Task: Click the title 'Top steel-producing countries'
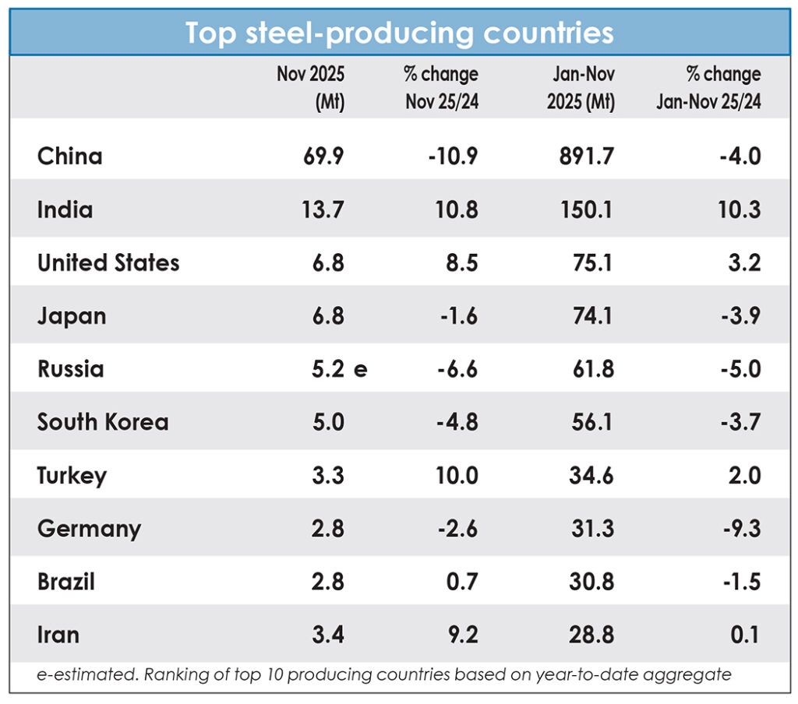coord(399,33)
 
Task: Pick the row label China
coord(70,157)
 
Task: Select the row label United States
coord(108,262)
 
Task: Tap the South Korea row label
coord(103,422)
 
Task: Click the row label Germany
coord(90,529)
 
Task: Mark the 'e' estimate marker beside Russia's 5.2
coord(360,369)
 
